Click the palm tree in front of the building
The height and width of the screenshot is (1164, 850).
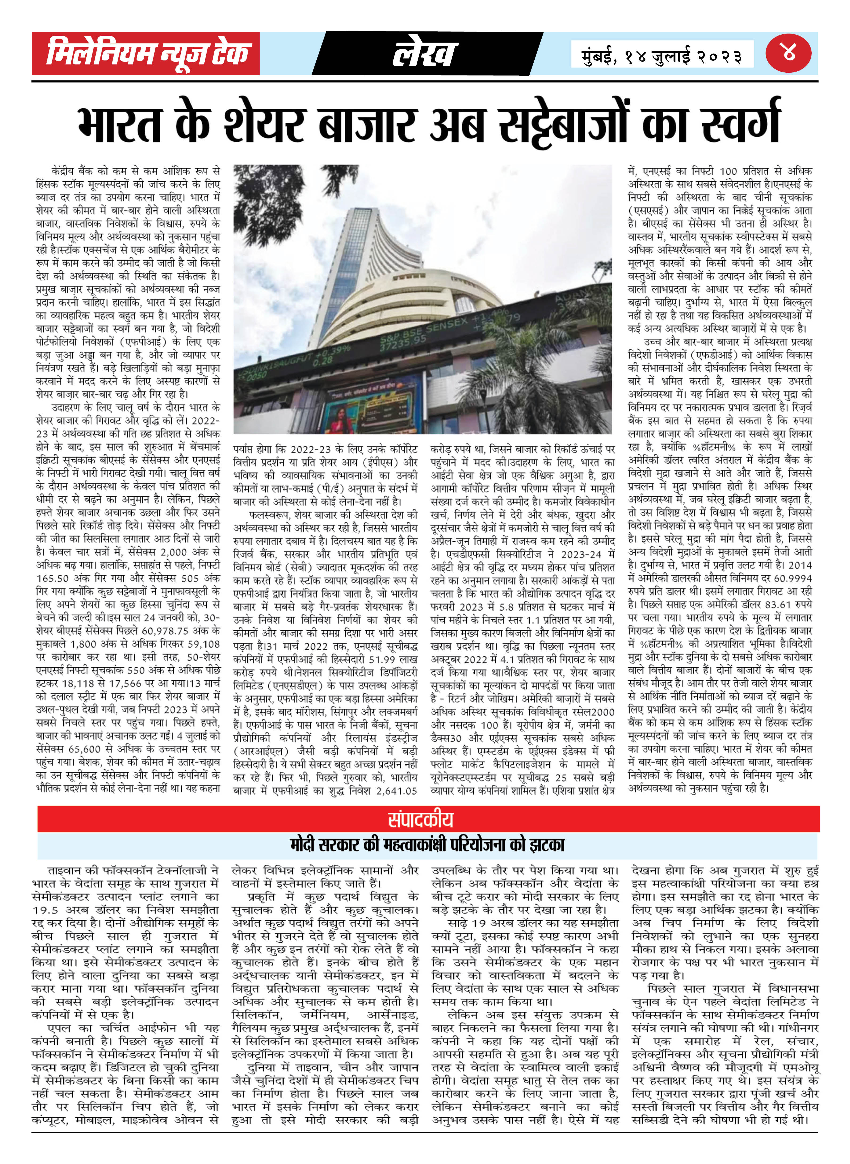(525, 370)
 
